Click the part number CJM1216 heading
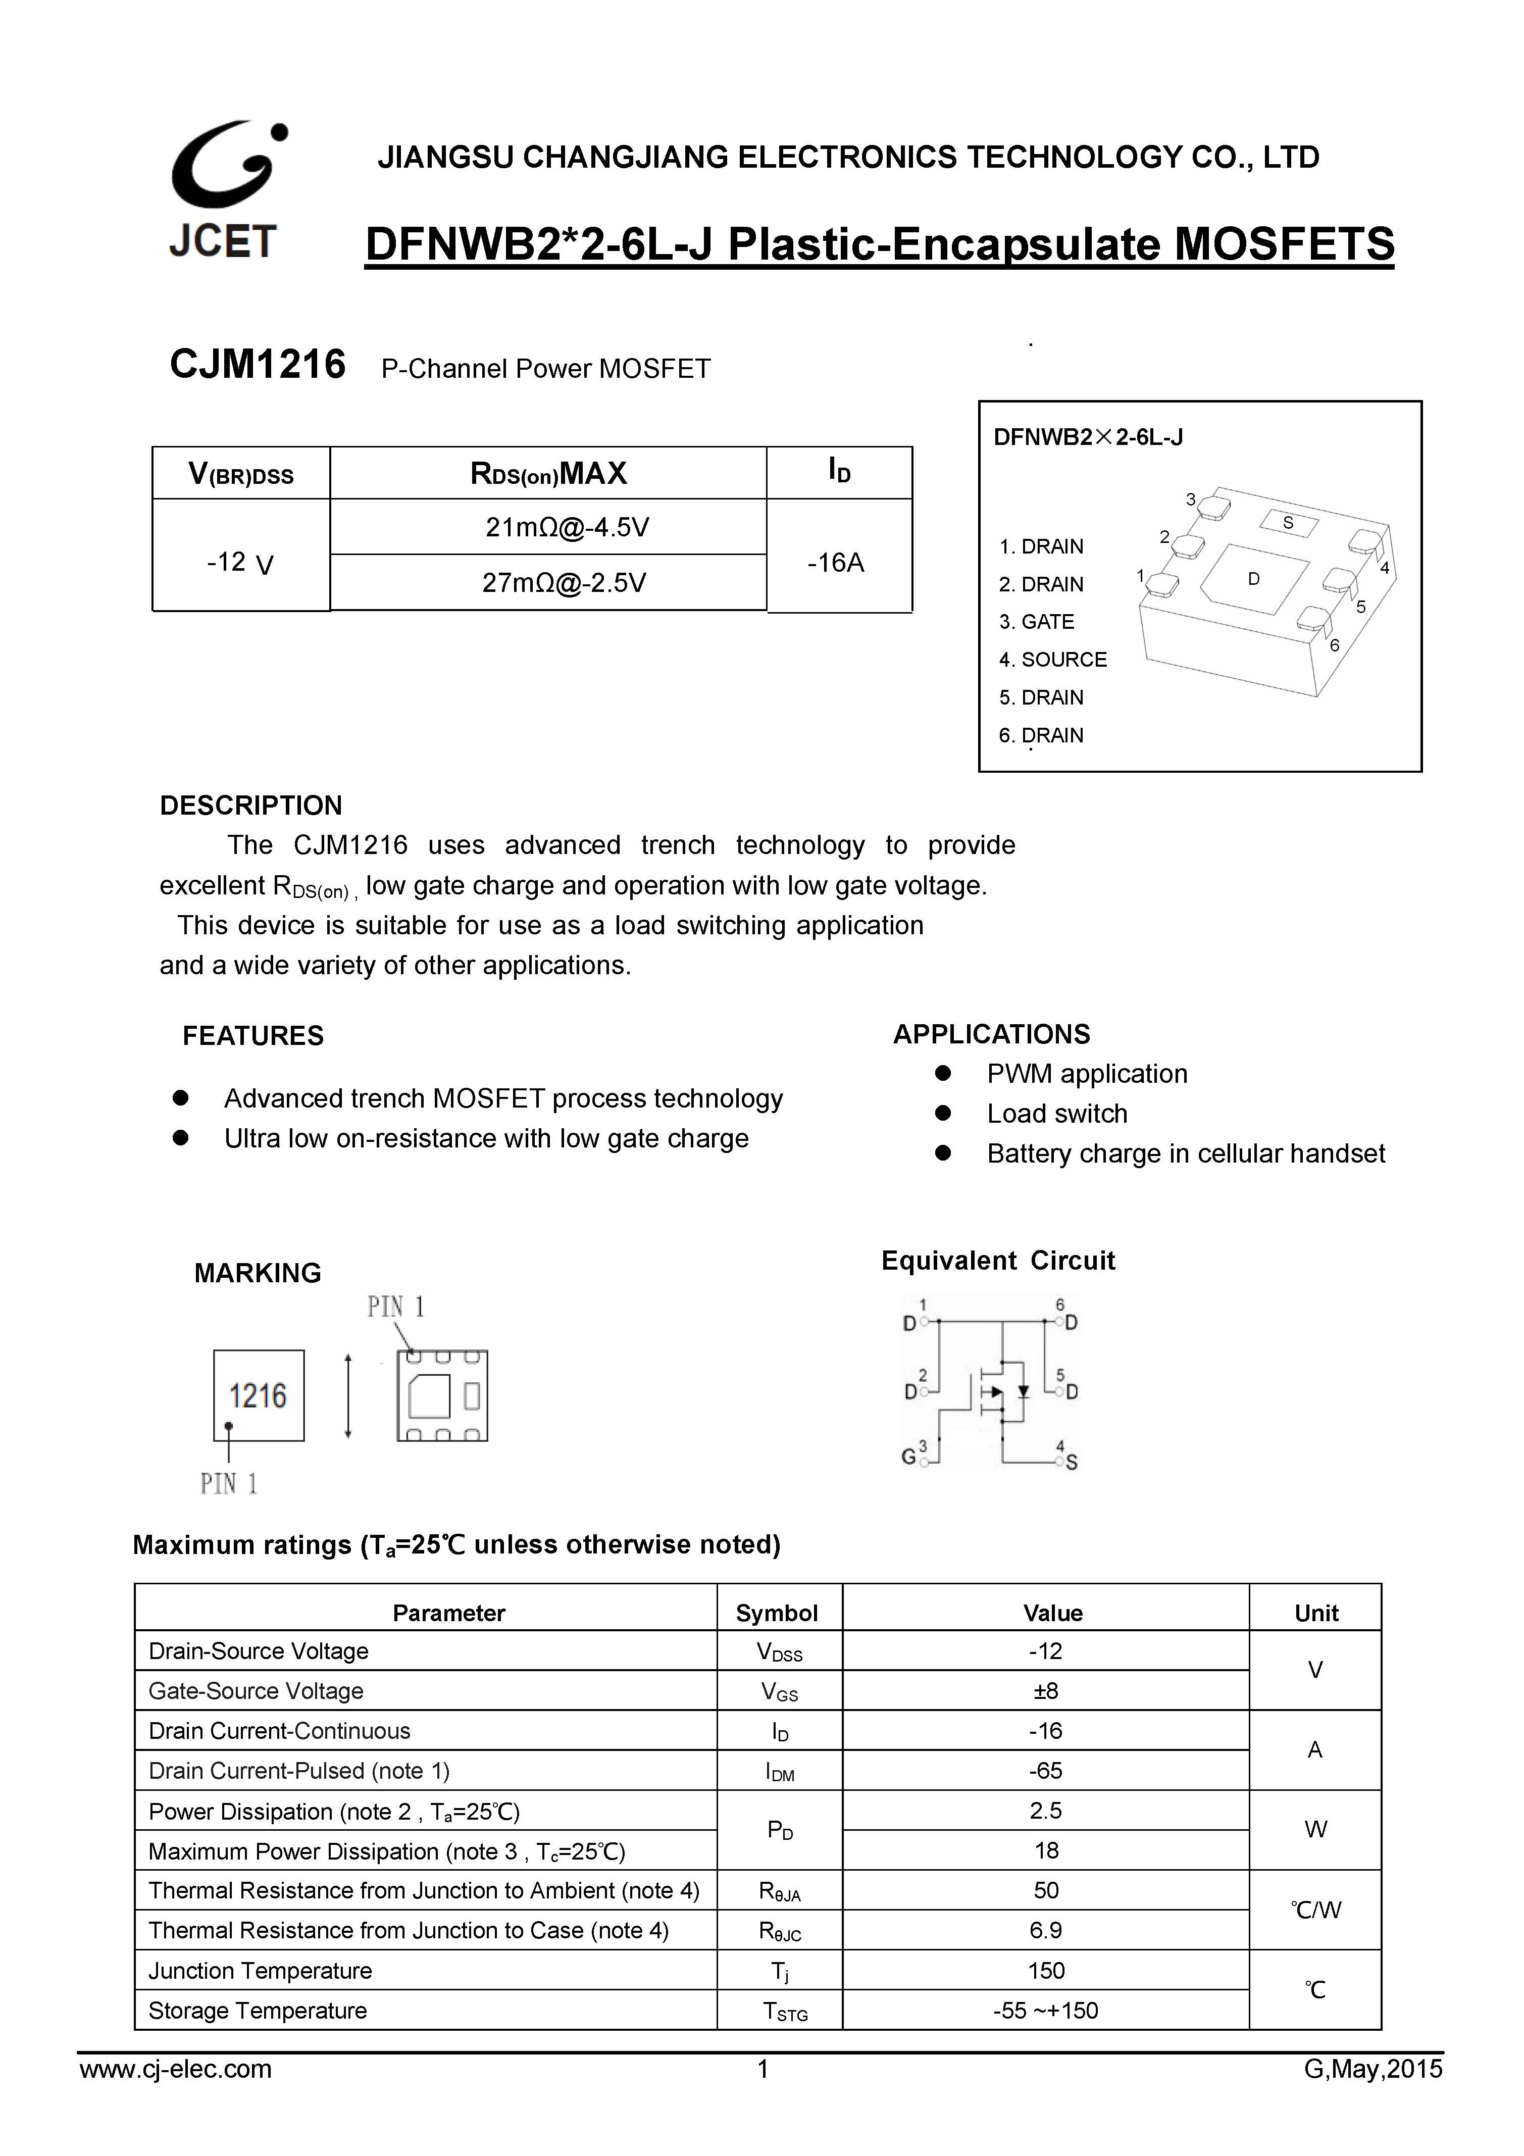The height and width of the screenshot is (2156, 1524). [258, 364]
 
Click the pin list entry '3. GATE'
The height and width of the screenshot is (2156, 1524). [1036, 622]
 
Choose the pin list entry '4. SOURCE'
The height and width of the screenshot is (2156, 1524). [1053, 659]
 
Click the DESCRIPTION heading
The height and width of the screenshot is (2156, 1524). [250, 806]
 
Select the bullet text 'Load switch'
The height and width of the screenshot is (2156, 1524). [1056, 1114]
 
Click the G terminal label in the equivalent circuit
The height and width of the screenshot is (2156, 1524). [908, 1457]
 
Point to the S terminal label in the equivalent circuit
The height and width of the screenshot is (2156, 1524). [1072, 1462]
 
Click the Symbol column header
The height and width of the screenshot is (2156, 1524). [777, 1613]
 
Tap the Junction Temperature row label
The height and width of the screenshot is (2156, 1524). [260, 1971]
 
